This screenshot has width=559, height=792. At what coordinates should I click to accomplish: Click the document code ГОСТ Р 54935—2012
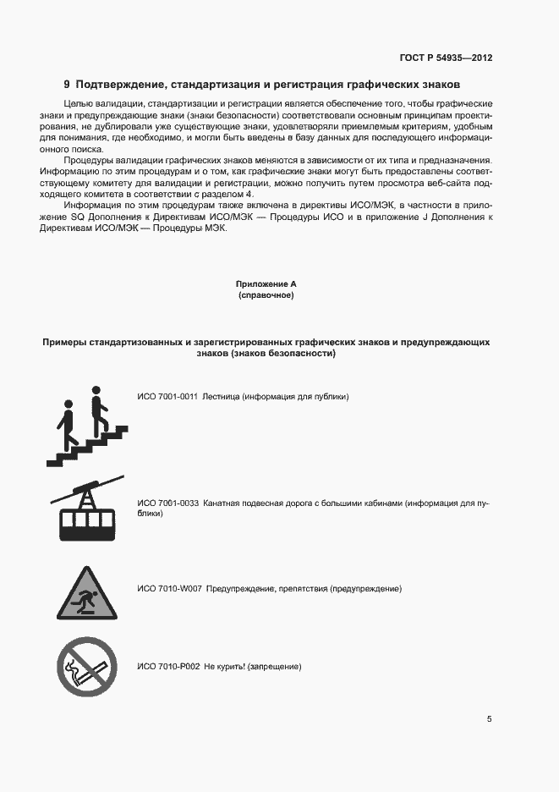(x=446, y=58)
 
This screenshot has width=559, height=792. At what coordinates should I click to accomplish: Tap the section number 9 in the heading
(x=68, y=85)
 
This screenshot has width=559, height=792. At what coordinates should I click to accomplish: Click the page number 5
(x=489, y=719)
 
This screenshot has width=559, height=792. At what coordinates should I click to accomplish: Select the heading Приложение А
(x=266, y=285)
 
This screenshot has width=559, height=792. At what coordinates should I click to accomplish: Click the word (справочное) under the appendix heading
(x=266, y=296)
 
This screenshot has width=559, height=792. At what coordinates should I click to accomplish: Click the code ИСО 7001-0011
(x=167, y=397)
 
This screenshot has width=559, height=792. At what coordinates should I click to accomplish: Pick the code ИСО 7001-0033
(x=167, y=503)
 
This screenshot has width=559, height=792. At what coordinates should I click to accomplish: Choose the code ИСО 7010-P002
(x=168, y=667)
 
